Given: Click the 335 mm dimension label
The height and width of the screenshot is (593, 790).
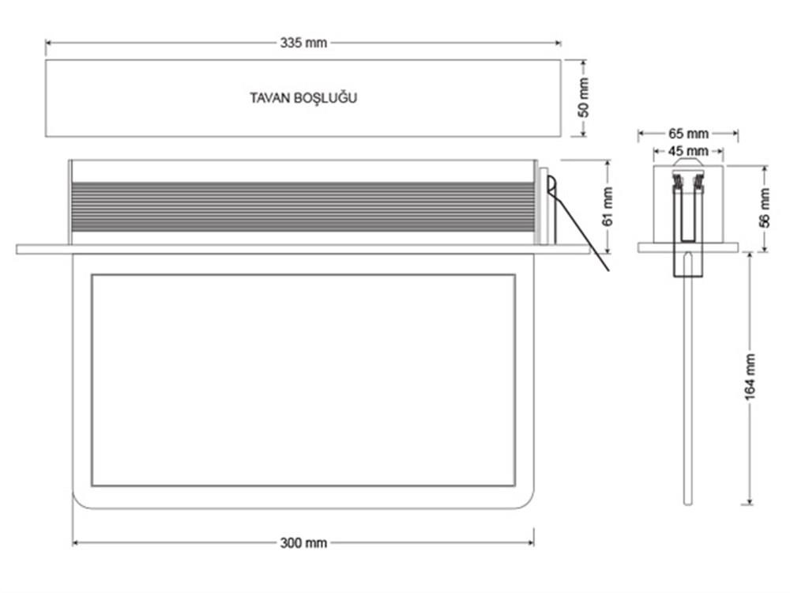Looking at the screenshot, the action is (303, 43).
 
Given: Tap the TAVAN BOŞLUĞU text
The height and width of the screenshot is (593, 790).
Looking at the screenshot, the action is (303, 97).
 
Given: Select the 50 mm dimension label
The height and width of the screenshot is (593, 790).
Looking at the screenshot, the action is (584, 98).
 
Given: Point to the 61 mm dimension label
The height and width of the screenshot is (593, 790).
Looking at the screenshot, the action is (608, 206).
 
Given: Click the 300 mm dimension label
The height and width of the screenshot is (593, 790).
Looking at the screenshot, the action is (303, 543).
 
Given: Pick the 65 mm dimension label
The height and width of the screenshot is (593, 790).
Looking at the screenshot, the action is (688, 134).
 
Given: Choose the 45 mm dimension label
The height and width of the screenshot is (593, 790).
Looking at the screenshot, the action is (688, 151).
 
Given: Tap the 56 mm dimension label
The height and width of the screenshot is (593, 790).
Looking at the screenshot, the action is (765, 207).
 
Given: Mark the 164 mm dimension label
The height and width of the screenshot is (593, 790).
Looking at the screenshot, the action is (750, 376).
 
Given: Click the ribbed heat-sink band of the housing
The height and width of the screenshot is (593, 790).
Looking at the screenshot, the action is (303, 206).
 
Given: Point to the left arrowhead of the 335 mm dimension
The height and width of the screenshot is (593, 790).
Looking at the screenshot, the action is (49, 43).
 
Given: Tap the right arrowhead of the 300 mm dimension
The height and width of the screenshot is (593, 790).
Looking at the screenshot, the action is (531, 543).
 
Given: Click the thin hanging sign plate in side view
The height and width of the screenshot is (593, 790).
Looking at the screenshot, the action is (688, 378).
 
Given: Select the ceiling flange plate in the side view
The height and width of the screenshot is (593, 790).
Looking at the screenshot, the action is (688, 247).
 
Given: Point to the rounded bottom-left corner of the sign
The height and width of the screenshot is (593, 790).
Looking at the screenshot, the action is (80, 501).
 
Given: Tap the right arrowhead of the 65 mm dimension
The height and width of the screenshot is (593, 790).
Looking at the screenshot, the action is (735, 134).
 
